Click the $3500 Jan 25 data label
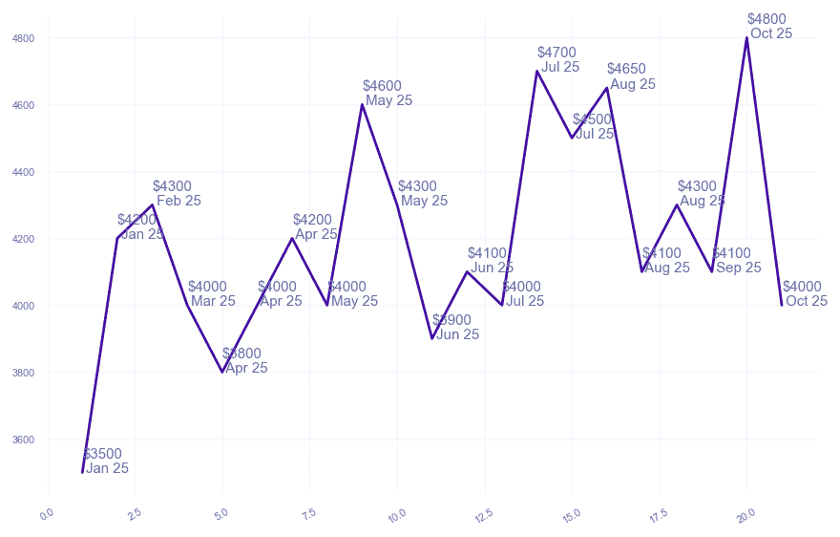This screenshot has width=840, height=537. [105, 462]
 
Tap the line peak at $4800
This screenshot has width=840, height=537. [746, 37]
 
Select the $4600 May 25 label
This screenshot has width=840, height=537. [387, 94]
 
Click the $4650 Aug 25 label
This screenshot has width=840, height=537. [631, 76]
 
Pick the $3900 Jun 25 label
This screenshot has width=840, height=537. [455, 328]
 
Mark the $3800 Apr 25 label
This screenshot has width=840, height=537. [244, 361]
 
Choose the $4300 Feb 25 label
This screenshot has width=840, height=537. [177, 194]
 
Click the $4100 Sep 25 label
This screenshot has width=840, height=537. [736, 261]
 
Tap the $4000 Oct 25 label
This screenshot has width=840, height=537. [805, 294]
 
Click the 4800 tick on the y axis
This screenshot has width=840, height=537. [23, 38]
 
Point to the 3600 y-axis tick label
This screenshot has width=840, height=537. [23, 440]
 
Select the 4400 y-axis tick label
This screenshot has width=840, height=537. [23, 172]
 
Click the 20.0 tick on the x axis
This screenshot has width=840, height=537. [745, 516]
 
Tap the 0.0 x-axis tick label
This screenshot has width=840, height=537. [46, 516]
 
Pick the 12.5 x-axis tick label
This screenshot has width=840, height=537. [483, 516]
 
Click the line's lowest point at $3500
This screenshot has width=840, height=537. [83, 472]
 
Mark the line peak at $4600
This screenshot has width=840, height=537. [362, 104]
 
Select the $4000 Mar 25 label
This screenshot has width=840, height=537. [211, 294]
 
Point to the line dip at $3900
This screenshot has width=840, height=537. [432, 338]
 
